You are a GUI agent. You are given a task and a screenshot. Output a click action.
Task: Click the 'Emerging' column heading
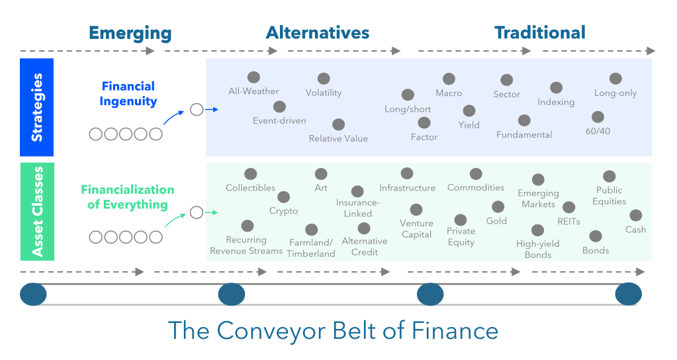(130, 33)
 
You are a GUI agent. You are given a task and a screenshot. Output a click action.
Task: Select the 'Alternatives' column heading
(318, 32)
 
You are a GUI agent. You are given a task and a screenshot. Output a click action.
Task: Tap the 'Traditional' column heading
(540, 32)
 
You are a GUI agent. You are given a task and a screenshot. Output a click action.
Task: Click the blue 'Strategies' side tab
(37, 107)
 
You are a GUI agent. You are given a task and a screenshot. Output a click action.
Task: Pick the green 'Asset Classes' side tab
(37, 211)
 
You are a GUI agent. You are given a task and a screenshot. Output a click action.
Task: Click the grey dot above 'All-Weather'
(253, 77)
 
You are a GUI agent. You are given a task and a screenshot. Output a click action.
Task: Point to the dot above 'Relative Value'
(338, 124)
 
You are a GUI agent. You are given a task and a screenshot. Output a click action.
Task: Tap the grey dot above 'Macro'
(449, 79)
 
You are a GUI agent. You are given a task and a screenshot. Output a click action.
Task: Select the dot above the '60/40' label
(598, 117)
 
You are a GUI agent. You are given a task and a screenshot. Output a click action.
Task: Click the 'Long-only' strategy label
(615, 93)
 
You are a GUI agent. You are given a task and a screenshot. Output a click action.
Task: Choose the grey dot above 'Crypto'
(283, 197)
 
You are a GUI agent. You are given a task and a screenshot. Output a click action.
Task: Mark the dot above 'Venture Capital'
(416, 210)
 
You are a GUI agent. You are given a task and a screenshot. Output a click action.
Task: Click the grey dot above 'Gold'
(498, 207)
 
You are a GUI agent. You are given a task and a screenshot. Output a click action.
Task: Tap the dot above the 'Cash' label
(635, 216)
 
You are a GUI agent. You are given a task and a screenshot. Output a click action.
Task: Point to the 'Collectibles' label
(250, 188)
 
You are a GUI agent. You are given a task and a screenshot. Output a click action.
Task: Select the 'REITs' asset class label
(568, 222)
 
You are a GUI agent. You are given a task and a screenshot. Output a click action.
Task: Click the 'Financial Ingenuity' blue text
(128, 93)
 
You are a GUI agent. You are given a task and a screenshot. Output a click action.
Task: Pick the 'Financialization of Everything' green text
(128, 197)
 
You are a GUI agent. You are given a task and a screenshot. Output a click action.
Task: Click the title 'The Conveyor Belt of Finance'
(332, 330)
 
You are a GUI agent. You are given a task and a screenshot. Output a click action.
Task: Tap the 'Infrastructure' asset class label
(407, 188)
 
